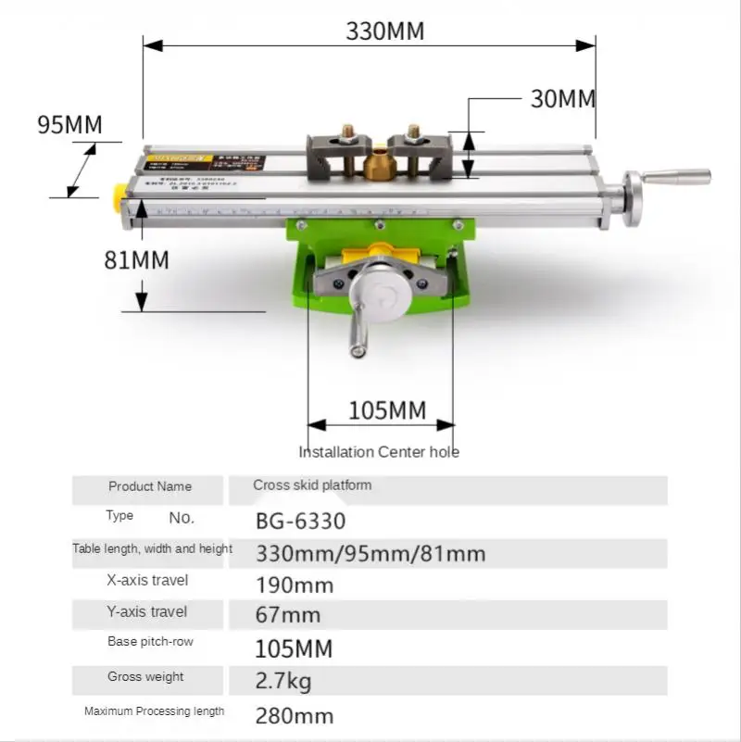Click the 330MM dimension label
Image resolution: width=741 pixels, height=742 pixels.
click(x=385, y=31)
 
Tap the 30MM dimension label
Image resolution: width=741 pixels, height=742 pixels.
click(x=563, y=99)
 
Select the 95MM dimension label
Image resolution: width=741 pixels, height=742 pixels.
click(x=69, y=124)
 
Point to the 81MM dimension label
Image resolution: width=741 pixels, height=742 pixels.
click(x=136, y=259)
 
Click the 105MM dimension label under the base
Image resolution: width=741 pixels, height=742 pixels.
click(x=387, y=410)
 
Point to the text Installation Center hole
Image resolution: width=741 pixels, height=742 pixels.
click(x=379, y=452)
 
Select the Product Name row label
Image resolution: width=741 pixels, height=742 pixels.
click(x=150, y=486)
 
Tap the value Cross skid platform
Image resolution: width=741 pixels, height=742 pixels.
click(x=312, y=485)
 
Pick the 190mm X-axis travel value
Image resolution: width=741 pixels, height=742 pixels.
click(x=295, y=585)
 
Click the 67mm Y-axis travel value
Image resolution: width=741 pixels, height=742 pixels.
click(x=288, y=615)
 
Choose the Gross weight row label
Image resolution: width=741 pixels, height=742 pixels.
click(x=145, y=677)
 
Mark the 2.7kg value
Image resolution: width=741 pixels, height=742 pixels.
click(x=283, y=683)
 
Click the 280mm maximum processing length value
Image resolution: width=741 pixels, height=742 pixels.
click(x=295, y=715)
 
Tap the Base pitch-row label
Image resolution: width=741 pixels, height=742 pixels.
click(x=150, y=642)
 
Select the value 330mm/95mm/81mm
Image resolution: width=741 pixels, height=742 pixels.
click(x=370, y=554)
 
